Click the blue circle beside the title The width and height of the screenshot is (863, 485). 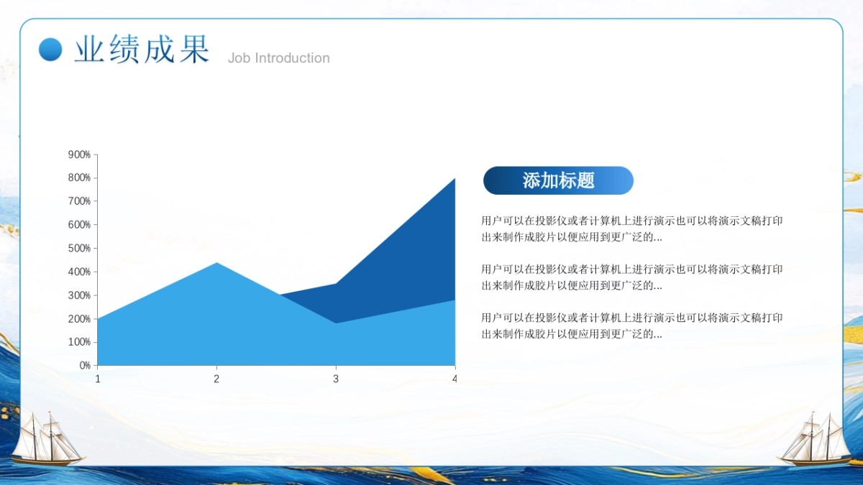[50, 49]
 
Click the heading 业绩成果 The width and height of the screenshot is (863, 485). [142, 50]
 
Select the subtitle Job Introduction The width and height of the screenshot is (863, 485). [278, 58]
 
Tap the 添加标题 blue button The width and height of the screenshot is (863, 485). [558, 180]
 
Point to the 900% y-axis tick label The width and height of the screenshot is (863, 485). [79, 154]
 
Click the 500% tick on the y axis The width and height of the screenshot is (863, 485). [79, 249]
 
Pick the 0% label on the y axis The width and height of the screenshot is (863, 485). [84, 366]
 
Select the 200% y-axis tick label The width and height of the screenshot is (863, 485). [79, 319]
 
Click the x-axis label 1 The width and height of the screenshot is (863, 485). [98, 379]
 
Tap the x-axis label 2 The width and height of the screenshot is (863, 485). [216, 379]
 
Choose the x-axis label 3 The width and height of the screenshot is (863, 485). [335, 379]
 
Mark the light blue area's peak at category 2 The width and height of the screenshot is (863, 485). [216, 264]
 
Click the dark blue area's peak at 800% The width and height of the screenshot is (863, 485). [453, 180]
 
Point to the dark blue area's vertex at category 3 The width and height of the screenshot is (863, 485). [336, 285]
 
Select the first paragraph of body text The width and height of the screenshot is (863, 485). [631, 228]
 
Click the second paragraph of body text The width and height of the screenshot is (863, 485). [631, 277]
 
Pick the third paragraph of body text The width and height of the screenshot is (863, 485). [631, 325]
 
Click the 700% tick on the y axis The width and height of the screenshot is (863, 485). [79, 201]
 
